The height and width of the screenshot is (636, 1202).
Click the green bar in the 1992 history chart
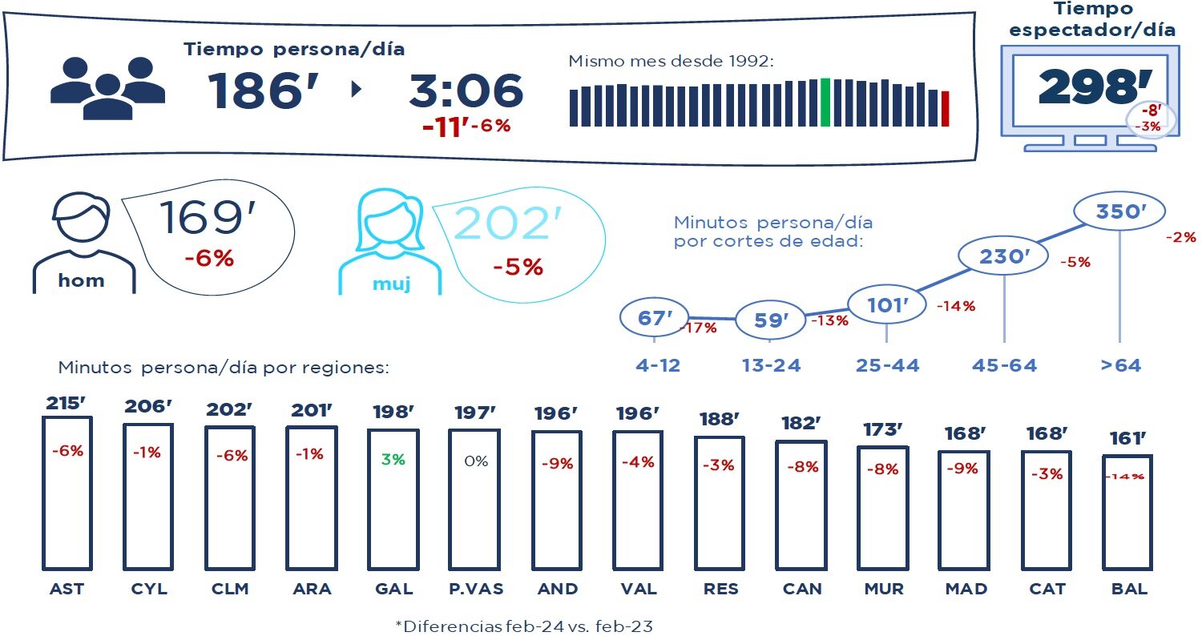[825, 102]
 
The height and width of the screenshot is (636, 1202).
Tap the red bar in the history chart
[946, 109]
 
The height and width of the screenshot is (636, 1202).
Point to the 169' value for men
[195, 218]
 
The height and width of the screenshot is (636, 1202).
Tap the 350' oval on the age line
[1118, 212]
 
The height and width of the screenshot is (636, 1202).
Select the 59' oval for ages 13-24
[771, 320]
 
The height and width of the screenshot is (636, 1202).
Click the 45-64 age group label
[1004, 366]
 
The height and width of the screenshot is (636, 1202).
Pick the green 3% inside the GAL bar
[393, 460]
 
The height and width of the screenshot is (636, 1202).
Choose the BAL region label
[1129, 589]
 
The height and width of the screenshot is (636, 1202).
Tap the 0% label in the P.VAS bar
[475, 461]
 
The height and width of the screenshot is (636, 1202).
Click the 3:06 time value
[466, 91]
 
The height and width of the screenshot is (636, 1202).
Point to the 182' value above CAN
[803, 424]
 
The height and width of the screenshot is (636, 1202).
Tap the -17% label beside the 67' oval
[698, 328]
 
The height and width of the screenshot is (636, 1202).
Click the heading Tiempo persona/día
[294, 50]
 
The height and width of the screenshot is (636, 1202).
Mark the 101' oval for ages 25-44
[886, 304]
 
